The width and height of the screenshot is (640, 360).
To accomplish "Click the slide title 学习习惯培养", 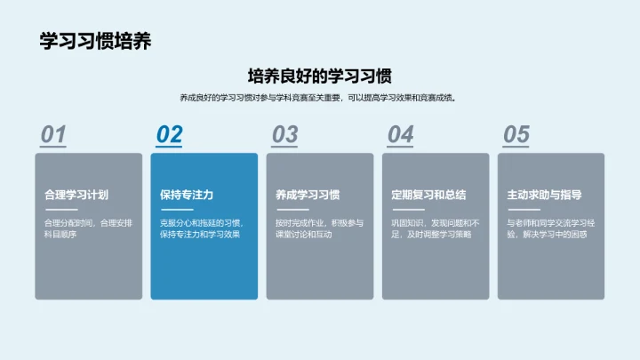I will [95, 42].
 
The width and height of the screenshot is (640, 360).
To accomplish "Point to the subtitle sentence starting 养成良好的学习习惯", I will [320, 98].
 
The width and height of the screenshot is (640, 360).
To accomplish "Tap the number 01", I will [53, 134].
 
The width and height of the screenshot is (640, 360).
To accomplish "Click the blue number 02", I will [169, 134].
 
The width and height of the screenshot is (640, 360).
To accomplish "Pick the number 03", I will [284, 134].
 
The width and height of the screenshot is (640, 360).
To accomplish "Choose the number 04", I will [400, 134].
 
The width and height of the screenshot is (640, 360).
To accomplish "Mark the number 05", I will [516, 134].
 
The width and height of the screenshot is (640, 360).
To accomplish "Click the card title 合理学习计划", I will [76, 195].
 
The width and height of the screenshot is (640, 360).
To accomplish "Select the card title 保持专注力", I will [186, 195].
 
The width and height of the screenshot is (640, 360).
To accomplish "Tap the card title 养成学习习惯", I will [308, 195].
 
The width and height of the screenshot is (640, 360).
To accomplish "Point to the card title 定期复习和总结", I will [428, 195].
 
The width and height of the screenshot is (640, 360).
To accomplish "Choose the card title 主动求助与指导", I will [544, 195].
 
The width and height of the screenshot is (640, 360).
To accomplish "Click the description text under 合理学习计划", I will [87, 228].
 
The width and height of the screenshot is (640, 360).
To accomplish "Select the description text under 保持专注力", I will [203, 228].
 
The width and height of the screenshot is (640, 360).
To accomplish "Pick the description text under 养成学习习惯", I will [318, 228].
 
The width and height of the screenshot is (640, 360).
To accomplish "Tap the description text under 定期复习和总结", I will [434, 228].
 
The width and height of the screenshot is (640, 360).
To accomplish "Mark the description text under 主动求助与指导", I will [549, 228].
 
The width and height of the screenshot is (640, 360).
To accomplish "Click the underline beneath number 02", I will [169, 146].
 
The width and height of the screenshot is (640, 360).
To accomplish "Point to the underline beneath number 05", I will [516, 146].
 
